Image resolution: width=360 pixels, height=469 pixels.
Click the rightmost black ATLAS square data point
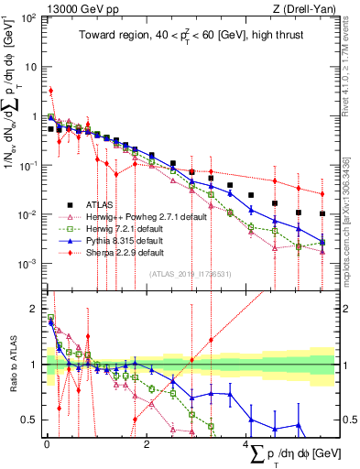pos(322,213)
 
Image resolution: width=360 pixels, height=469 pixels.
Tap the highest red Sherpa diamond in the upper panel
pos(51,91)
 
